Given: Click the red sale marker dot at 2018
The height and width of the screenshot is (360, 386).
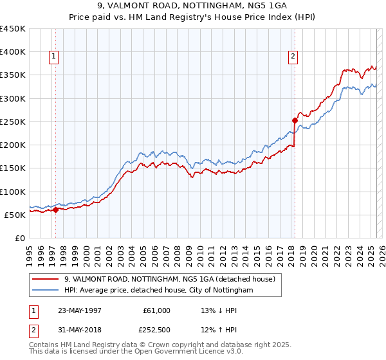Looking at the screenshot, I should [295, 120].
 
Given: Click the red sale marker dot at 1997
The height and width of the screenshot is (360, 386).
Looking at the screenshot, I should [56, 209].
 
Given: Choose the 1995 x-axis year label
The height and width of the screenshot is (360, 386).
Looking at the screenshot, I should [30, 251].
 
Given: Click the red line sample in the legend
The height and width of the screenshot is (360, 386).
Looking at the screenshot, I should [46, 279].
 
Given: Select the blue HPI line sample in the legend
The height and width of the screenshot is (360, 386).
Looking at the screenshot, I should [46, 291].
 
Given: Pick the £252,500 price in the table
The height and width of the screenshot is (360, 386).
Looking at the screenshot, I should [156, 332].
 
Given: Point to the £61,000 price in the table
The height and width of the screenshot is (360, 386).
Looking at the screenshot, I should [156, 310].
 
